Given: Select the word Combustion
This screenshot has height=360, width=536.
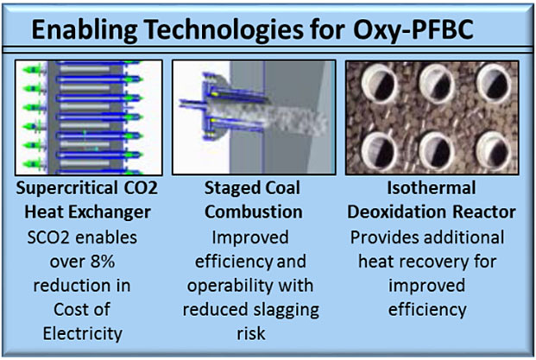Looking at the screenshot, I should coord(255,212).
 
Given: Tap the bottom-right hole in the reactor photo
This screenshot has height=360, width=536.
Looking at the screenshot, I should coord(501,149).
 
